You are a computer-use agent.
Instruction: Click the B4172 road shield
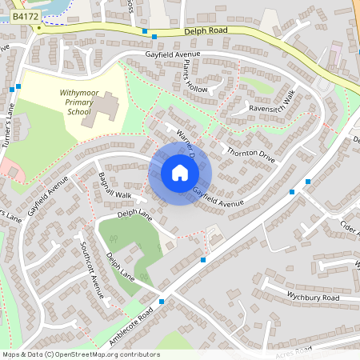(x=26, y=15)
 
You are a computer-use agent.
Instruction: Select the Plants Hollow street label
(x=195, y=75)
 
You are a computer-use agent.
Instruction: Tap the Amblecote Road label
(x=130, y=326)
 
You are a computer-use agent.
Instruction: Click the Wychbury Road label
(x=312, y=295)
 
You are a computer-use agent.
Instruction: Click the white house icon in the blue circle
(x=180, y=173)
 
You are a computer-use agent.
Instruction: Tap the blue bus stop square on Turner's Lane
(x=18, y=86)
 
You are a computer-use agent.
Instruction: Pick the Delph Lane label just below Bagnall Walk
(x=134, y=214)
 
